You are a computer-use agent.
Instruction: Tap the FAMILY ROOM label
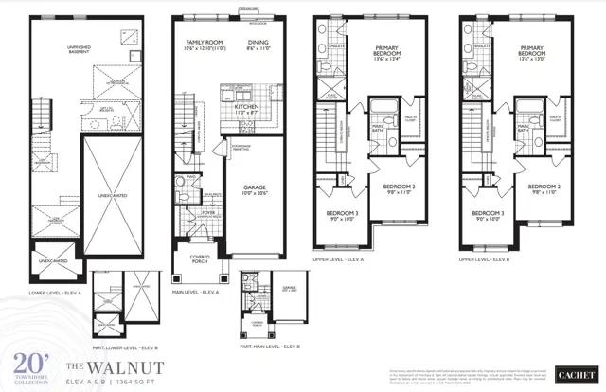click(204, 43)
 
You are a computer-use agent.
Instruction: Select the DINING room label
click(258, 43)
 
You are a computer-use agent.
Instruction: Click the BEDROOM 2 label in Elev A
click(399, 188)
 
